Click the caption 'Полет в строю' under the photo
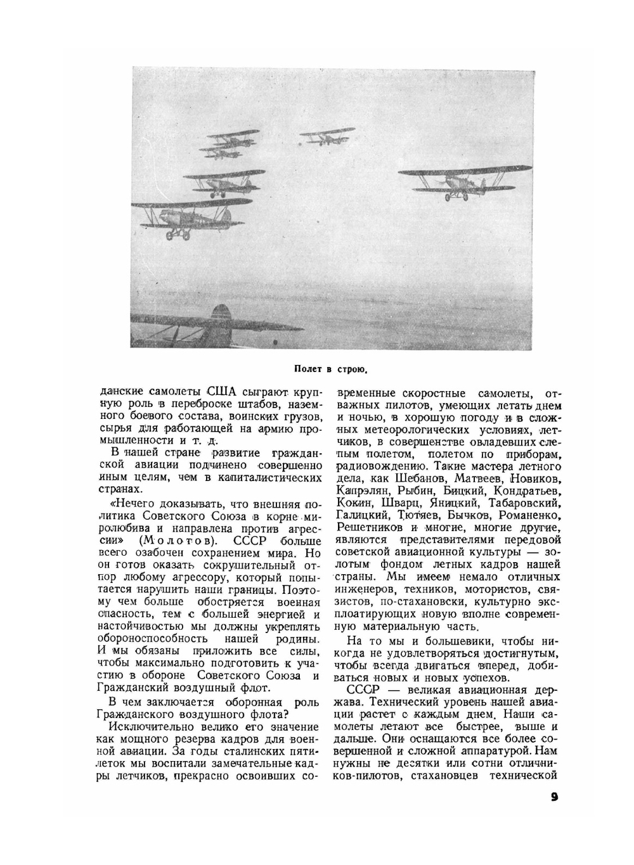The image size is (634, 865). pyautogui.click(x=332, y=368)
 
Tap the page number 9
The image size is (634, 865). pyautogui.click(x=553, y=797)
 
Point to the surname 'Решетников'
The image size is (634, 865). pyautogui.click(x=369, y=527)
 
